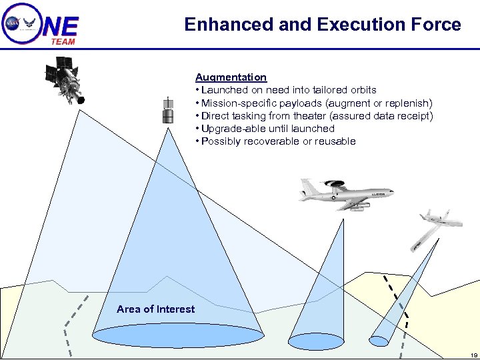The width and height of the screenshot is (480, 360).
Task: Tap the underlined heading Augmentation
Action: click(231, 77)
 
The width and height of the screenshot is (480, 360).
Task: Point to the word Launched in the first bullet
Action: click(223, 90)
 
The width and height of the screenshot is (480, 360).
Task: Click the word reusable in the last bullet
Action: click(335, 141)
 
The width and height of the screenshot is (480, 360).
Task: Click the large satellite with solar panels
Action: click(65, 79)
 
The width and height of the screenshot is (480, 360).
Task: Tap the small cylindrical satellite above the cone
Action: click(169, 111)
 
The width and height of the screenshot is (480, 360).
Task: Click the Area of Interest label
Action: click(155, 309)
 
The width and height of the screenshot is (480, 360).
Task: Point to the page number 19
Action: click(473, 355)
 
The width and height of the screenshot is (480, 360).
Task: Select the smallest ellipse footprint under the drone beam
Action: click(378, 341)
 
